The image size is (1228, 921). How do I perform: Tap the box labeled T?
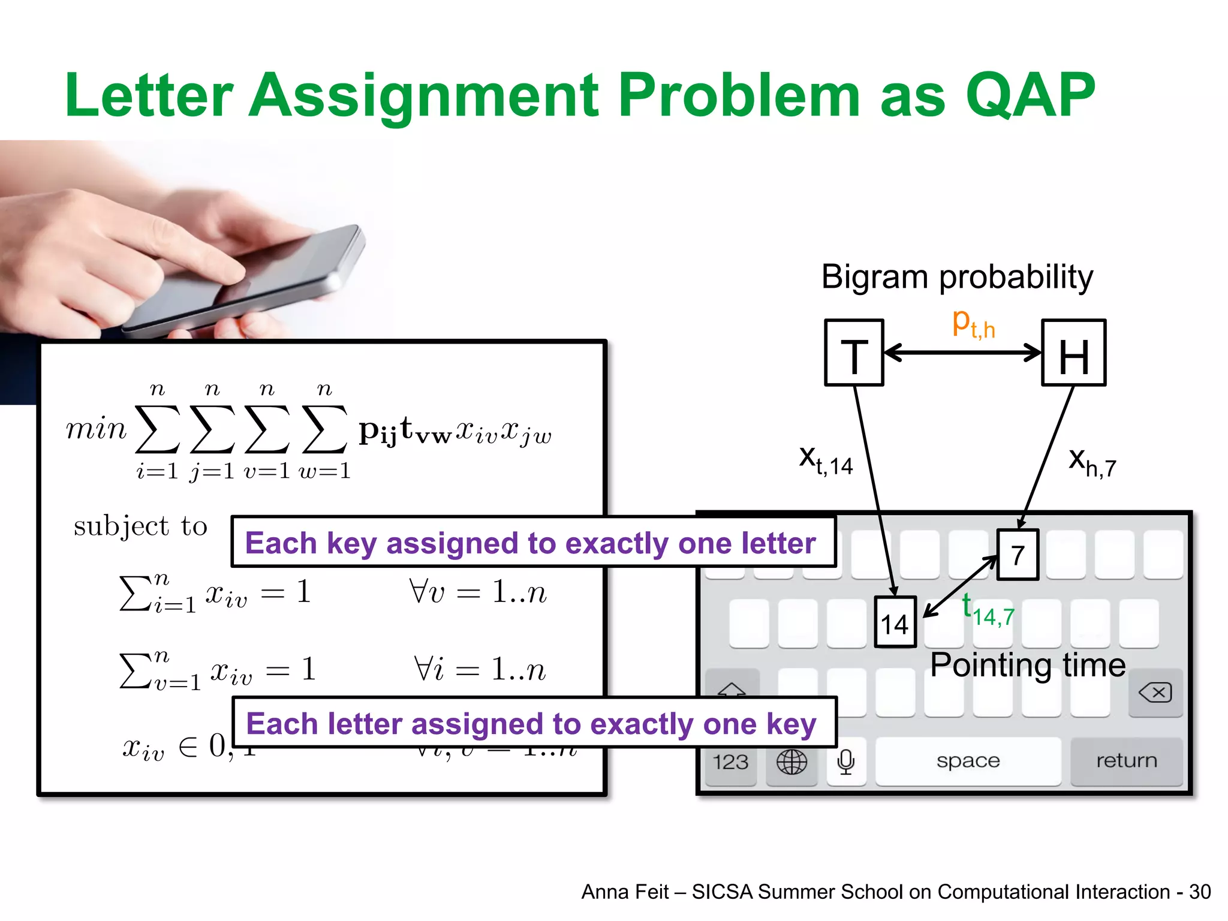(854, 353)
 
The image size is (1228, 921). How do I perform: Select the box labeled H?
(1073, 353)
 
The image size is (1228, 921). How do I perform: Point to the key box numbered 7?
(1018, 555)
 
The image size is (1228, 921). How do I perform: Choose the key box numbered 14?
(895, 622)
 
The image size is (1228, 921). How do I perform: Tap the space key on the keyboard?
(968, 761)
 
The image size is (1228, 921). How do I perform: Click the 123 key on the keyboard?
(730, 762)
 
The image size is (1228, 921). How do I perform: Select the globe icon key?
(791, 762)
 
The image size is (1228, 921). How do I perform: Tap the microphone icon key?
(845, 762)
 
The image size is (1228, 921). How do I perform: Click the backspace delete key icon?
(1155, 693)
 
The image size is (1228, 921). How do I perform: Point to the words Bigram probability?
(957, 277)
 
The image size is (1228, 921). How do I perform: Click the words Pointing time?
(1028, 665)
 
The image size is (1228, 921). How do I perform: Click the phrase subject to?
(140, 526)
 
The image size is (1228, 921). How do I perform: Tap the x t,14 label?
(825, 460)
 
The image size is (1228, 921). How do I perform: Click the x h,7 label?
(1091, 462)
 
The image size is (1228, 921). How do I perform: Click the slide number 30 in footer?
(1200, 892)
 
